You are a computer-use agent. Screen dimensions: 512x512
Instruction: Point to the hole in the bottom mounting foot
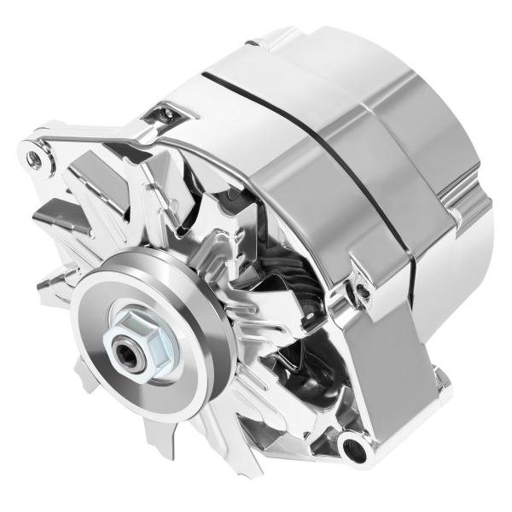click(x=353, y=443)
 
